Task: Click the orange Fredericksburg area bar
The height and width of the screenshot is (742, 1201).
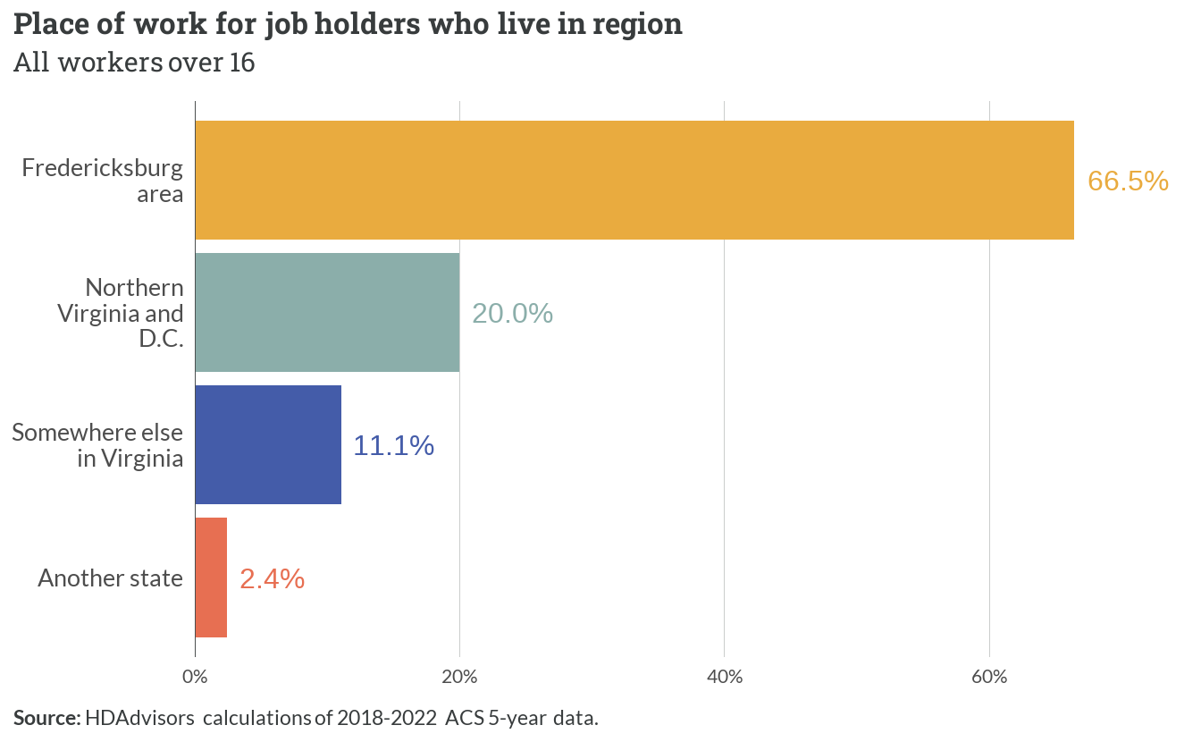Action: [x=634, y=181]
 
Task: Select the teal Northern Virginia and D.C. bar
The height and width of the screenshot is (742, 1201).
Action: [x=328, y=312]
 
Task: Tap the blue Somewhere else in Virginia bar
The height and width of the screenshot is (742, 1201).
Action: [x=269, y=445]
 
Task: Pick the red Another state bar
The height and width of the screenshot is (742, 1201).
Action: [x=211, y=578]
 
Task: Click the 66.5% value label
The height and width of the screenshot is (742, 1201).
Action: [x=1128, y=181]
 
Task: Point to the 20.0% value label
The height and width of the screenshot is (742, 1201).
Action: [x=513, y=313]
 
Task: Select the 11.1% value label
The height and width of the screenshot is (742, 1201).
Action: [x=393, y=446]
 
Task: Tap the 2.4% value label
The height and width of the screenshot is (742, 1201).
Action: [x=273, y=579]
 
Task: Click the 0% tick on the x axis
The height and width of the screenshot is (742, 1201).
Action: [x=195, y=677]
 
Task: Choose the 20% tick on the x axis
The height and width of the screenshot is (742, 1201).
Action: [x=459, y=677]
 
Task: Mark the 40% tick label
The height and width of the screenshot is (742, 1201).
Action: [x=725, y=677]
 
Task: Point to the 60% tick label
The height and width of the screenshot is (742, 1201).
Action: [x=989, y=677]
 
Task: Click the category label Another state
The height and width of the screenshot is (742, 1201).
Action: [x=111, y=578]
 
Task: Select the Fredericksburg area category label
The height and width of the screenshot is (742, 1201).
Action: [x=103, y=181]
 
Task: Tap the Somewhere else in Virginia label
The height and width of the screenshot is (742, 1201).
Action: [x=97, y=445]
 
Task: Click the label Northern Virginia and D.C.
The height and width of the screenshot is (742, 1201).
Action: [x=121, y=313]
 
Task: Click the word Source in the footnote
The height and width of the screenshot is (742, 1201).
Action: [x=47, y=718]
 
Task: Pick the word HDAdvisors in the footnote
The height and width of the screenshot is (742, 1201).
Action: [x=139, y=718]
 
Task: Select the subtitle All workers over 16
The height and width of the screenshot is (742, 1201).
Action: [x=134, y=63]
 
